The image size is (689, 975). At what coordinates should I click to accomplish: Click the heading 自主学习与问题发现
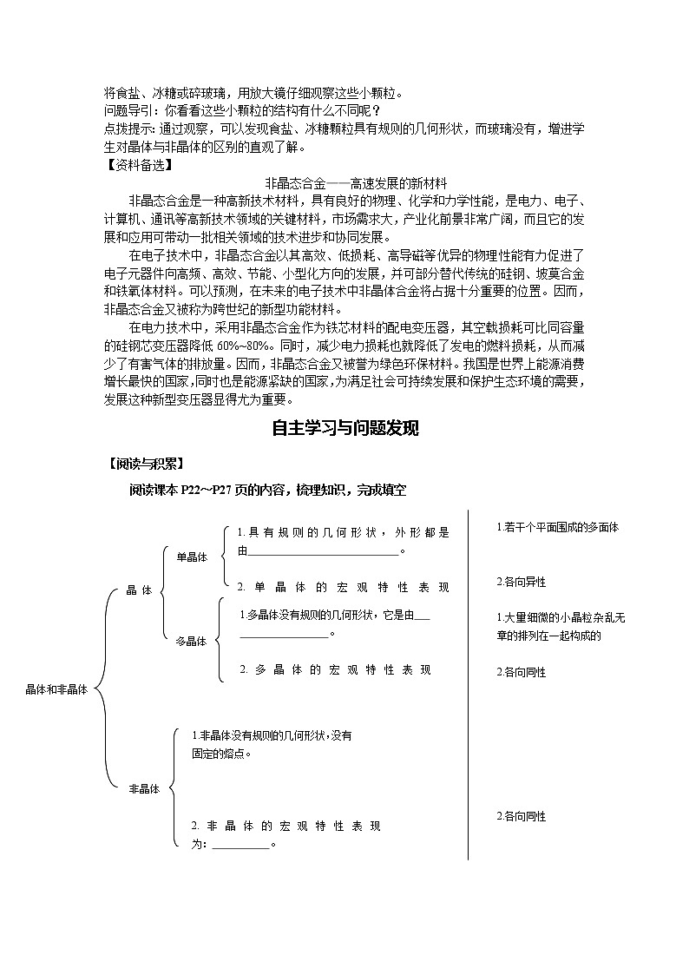(344, 428)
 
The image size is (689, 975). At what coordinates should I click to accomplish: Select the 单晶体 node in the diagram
(192, 557)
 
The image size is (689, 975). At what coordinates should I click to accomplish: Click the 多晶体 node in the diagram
(191, 642)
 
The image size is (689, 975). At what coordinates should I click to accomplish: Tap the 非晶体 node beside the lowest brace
(144, 788)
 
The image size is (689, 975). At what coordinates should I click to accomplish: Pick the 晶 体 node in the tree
(139, 590)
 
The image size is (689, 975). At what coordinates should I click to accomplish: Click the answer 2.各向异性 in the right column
(521, 582)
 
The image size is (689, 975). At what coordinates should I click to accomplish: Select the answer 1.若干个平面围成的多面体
(557, 527)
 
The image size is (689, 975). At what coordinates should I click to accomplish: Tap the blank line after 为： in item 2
(240, 844)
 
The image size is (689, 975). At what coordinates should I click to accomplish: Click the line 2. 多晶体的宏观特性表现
(334, 670)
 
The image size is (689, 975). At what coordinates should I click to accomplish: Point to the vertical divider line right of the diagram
(469, 686)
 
